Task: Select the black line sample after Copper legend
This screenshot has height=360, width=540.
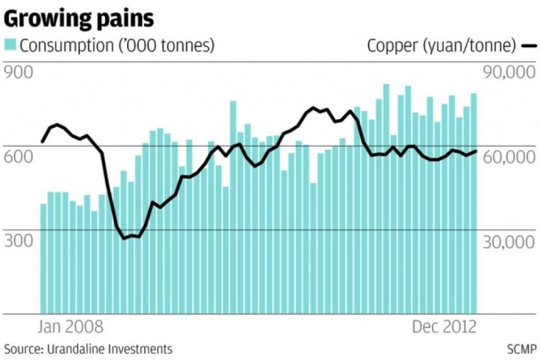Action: (528, 46)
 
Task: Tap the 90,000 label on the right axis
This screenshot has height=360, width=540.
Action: (507, 73)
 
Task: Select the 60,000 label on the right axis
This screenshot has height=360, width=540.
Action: (507, 157)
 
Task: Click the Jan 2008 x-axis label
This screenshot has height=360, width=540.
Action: (70, 326)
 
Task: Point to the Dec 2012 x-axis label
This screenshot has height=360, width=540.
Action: (444, 326)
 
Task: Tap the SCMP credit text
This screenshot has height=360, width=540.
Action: (521, 349)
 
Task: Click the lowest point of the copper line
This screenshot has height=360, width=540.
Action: (125, 239)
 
